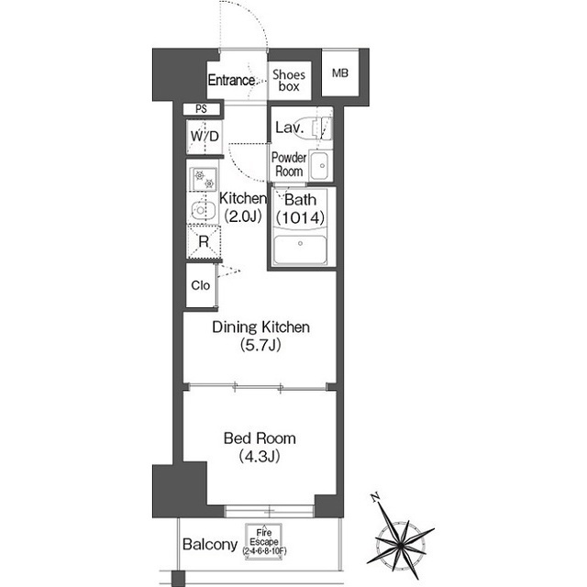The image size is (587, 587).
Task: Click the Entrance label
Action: tap(231, 80)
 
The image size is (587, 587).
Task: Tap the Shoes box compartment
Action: tap(290, 81)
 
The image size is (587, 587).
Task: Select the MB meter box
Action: tap(340, 73)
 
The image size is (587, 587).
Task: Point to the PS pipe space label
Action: tap(202, 109)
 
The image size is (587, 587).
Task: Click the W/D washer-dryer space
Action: tap(205, 137)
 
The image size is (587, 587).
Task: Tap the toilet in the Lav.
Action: tap(321, 128)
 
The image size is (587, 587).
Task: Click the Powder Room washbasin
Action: tap(320, 165)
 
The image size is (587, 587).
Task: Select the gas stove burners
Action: tap(204, 179)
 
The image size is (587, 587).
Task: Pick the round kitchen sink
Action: tap(203, 210)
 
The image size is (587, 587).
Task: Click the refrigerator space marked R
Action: tap(204, 241)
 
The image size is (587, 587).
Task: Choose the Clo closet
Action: tap(202, 285)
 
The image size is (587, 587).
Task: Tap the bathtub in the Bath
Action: tap(300, 249)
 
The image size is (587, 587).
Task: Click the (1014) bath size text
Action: tap(300, 217)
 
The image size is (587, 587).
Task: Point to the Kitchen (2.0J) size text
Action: tap(243, 216)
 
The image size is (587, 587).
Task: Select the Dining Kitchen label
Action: tap(260, 327)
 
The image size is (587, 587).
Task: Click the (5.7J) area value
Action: tap(260, 345)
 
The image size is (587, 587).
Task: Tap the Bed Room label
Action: tap(260, 438)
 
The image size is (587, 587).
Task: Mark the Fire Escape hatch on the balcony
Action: tap(264, 541)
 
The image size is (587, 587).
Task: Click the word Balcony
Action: tap(210, 545)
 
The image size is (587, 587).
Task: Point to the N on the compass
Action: tap(375, 497)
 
